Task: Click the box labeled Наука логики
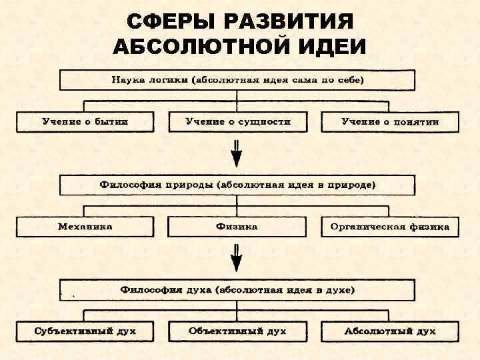tap(237, 80)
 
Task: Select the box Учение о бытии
tap(85, 121)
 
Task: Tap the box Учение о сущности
tap(237, 121)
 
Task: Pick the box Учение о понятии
tap(390, 121)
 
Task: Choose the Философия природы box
tap(237, 185)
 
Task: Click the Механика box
tap(85, 227)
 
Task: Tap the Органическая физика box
tap(390, 227)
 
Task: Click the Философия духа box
tap(237, 290)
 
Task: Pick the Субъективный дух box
tap(85, 331)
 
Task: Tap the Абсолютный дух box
tap(390, 331)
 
